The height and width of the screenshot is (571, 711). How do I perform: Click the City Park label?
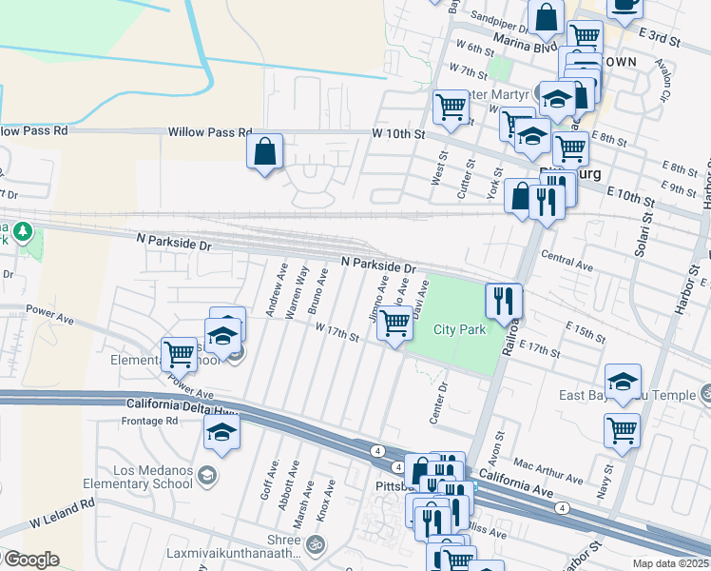coord(460,329)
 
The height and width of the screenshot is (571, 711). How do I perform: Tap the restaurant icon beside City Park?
coord(504,302)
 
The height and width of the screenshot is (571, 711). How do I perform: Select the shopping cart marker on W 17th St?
coord(394,326)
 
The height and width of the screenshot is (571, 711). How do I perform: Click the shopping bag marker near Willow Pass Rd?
coord(265,152)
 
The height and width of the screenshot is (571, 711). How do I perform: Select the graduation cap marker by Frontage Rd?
coord(222,433)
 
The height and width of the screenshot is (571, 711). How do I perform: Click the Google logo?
coord(30,560)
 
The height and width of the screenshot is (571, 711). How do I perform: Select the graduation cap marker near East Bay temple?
coord(623,383)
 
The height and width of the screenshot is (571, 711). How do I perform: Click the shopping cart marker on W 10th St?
coord(451,108)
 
